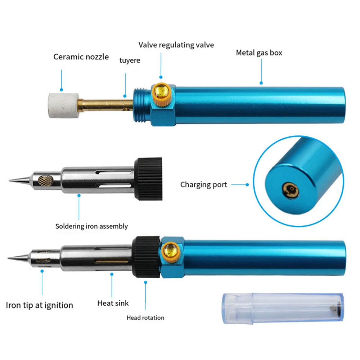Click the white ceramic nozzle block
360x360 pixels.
click(64, 105)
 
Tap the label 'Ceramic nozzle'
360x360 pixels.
click(81, 57)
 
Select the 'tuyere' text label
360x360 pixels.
click(130, 60)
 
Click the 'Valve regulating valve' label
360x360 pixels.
click(176, 45)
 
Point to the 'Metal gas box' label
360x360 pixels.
click(259, 53)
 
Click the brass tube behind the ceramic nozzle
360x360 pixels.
click(105, 105)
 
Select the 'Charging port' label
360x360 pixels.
click(204, 185)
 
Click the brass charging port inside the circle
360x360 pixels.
click(291, 190)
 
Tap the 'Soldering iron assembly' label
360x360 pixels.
click(91, 226)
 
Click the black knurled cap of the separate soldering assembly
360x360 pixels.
click(148, 179)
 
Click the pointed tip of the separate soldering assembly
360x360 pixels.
click(9, 181)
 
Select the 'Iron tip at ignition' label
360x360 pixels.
click(40, 305)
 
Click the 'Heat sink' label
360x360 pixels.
click(113, 303)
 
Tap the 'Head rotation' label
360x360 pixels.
click(145, 318)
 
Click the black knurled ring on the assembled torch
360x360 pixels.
click(146, 257)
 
